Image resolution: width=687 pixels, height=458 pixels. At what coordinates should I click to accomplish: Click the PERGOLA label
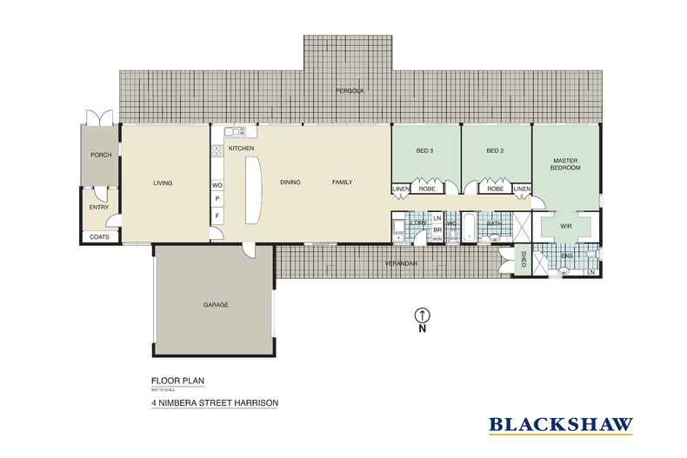[350, 90]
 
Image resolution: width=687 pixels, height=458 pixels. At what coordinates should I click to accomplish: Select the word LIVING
[163, 183]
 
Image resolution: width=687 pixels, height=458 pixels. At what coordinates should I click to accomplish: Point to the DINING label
[290, 183]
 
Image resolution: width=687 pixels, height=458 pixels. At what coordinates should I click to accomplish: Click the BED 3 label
[424, 151]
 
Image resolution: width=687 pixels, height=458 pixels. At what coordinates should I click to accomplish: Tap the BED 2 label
[495, 151]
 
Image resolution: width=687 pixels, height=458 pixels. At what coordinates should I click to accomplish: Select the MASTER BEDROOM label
[566, 163]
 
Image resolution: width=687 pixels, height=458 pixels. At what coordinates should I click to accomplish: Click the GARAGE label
[216, 305]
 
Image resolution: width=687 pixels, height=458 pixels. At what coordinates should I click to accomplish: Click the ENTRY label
[99, 208]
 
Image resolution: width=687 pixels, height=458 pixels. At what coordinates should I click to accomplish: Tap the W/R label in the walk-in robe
[565, 227]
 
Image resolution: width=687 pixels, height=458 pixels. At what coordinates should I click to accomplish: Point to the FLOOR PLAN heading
[177, 381]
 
